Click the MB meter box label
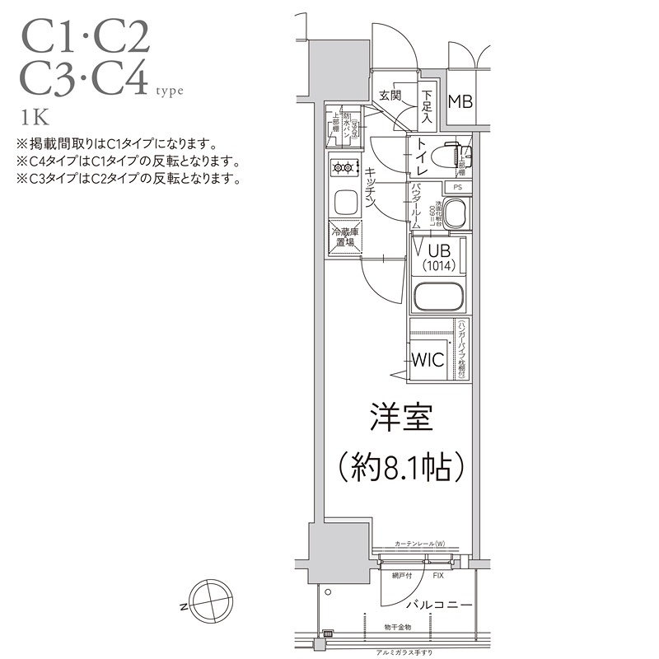tap(460, 102)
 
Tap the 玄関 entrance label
tap(390, 96)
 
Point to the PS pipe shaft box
tap(458, 187)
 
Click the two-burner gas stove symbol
tap(344, 169)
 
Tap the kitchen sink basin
tap(344, 201)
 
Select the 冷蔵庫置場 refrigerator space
tap(344, 238)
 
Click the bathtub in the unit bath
tap(437, 297)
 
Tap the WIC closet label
tap(428, 360)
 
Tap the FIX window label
tap(437, 575)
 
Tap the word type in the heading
tap(170, 91)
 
